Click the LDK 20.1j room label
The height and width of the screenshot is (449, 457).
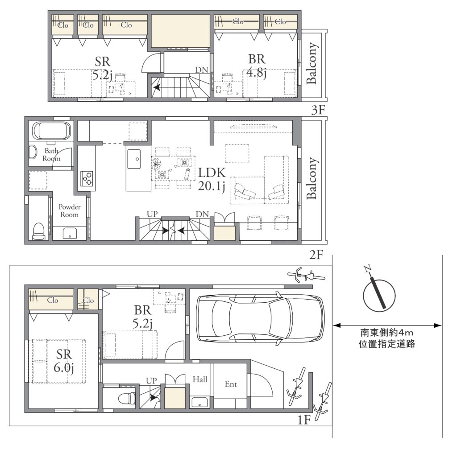coord(212,179)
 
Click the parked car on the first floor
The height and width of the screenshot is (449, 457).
coord(260,319)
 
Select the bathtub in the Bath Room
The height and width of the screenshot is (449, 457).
coord(51,131)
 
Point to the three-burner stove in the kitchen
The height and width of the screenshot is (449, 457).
coord(87,178)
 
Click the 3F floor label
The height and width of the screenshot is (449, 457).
coord(318,110)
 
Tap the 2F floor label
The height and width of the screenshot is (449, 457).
coord(316,255)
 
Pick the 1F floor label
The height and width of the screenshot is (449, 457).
coord(303,420)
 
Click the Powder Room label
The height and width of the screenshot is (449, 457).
coord(69,210)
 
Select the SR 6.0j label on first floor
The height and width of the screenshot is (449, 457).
coord(64,361)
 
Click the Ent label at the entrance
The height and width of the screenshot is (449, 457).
coord(231,384)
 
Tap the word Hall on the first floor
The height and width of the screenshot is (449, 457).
coord(200,379)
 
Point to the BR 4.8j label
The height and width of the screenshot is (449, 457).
coord(257,66)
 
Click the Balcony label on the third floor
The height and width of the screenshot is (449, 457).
coord(312,63)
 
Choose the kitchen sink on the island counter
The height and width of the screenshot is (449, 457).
coord(134,159)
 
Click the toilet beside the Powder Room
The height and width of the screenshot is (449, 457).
coord(39,231)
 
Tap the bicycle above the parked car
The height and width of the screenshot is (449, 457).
coord(306,275)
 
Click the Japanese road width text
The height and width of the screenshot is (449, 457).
coord(387,338)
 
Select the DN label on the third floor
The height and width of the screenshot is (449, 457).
coord(202,70)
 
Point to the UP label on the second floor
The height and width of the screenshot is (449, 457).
coord(152,214)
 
